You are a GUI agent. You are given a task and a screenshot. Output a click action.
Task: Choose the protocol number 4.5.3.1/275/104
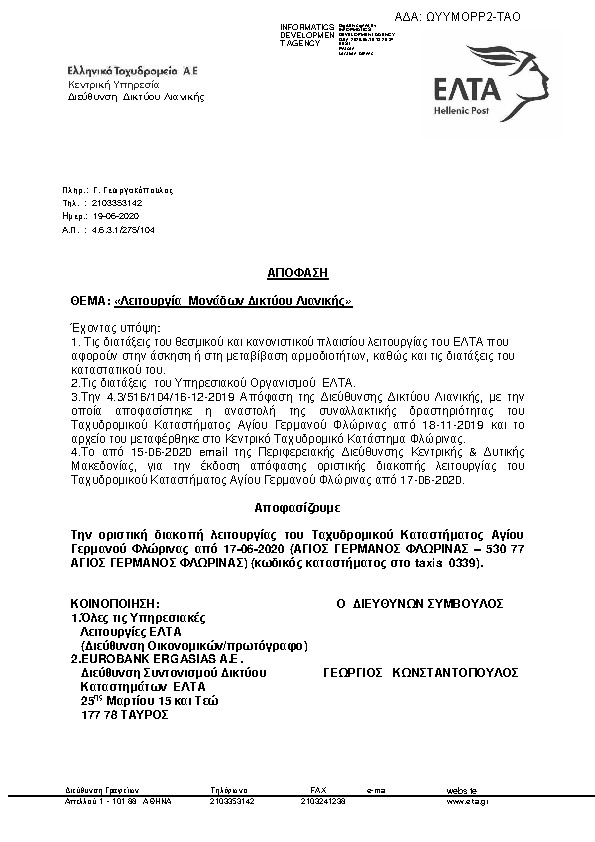122,230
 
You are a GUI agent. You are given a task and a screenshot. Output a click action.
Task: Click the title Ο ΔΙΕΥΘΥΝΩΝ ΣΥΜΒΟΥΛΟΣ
419,605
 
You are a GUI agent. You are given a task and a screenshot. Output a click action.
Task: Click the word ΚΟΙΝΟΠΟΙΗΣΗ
115,605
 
